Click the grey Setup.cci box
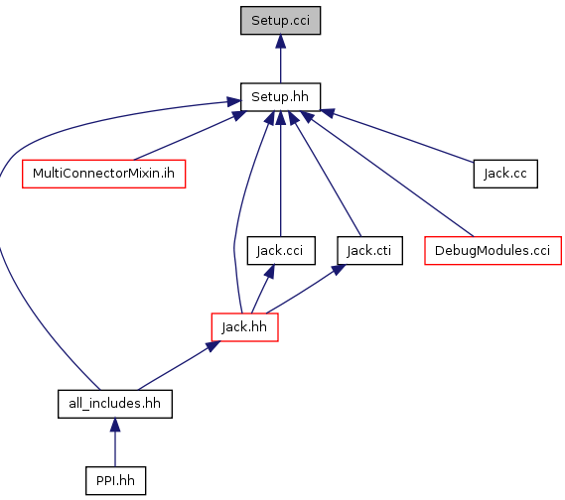point(280,21)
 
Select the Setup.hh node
point(280,97)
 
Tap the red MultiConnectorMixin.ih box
point(104,174)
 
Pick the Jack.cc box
point(505,174)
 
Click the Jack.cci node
point(281,251)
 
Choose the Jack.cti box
point(369,251)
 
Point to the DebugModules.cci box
point(493,251)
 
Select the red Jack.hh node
point(244,327)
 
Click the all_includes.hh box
point(115,404)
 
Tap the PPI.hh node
point(115,481)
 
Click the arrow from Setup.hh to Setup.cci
point(280,60)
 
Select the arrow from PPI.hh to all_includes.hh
point(115,442)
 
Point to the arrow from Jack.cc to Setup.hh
point(396,136)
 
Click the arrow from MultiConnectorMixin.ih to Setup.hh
point(190,135)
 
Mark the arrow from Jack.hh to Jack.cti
point(306,289)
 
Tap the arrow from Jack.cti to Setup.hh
point(325,174)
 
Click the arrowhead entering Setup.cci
point(280,42)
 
